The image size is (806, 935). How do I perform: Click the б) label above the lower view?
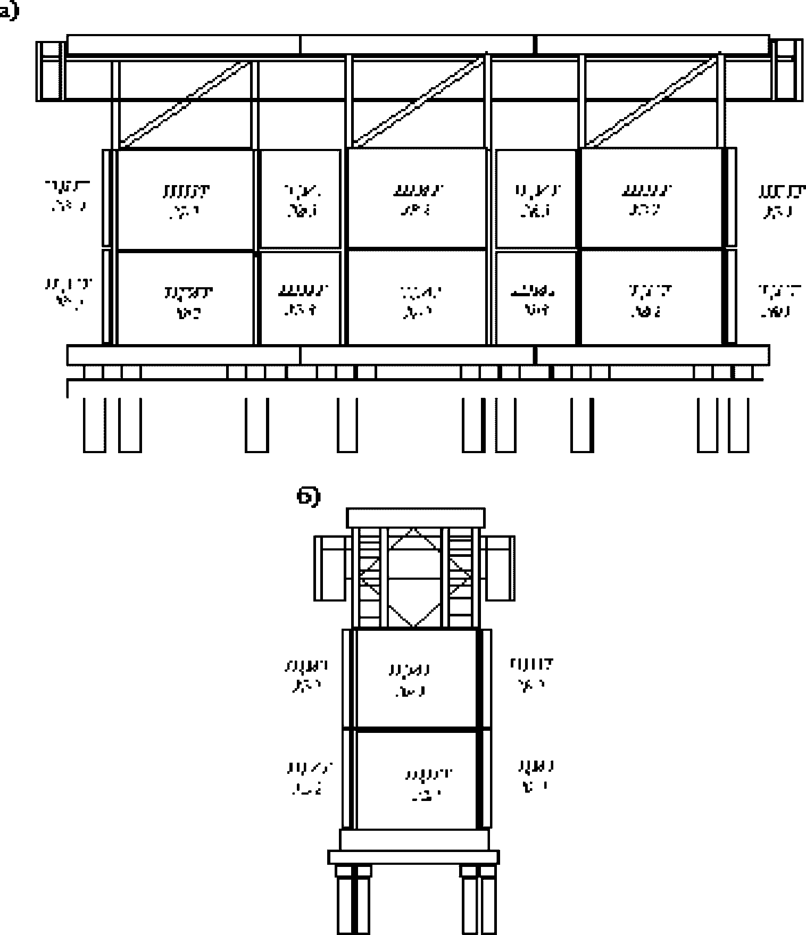[308, 497]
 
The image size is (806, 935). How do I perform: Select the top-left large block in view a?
[185, 199]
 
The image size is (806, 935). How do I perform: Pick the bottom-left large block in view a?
[185, 299]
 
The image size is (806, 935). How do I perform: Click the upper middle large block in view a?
[417, 198]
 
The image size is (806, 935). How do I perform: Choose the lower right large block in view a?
[651, 298]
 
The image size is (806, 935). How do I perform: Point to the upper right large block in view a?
[651, 198]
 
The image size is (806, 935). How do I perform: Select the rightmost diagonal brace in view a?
[652, 102]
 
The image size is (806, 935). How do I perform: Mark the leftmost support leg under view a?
[94, 425]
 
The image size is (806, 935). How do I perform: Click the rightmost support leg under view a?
[738, 425]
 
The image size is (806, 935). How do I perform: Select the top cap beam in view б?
[416, 517]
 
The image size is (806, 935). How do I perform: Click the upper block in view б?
[416, 679]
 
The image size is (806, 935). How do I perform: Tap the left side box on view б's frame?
[331, 568]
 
